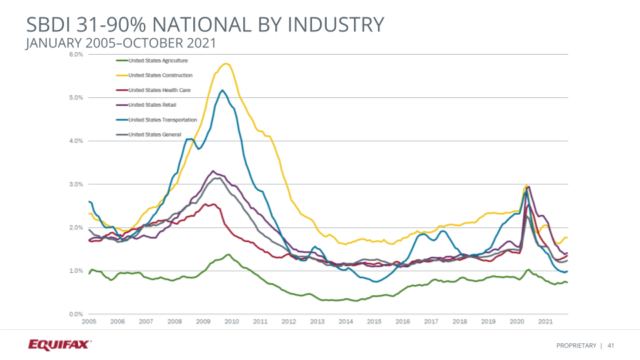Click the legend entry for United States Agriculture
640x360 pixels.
[x=153, y=60]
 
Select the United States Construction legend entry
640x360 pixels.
[x=160, y=75]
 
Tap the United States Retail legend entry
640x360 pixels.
[x=149, y=105]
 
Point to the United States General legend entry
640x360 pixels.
[x=154, y=135]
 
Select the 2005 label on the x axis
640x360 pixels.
[x=89, y=321]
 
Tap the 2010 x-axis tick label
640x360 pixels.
[x=231, y=321]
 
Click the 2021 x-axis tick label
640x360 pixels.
[x=545, y=321]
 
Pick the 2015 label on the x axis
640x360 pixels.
[x=374, y=321]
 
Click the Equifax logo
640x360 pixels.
[x=60, y=345]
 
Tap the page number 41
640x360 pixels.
[x=610, y=345]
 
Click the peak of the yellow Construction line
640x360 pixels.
[x=227, y=63]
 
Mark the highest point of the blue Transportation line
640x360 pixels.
[x=222, y=90]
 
